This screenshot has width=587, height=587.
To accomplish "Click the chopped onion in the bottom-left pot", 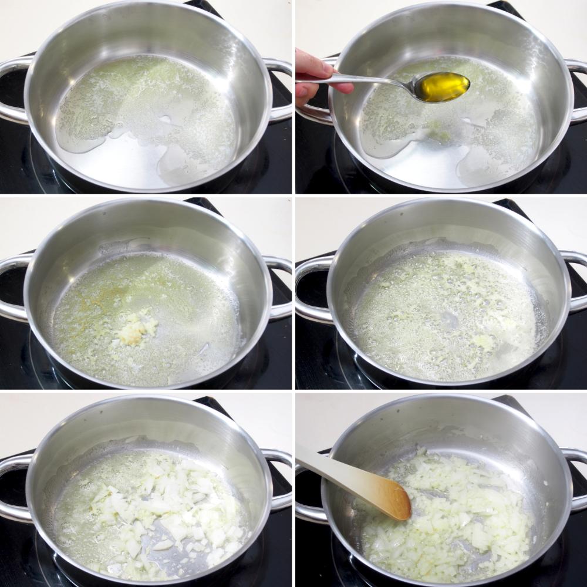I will tap(158, 511).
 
